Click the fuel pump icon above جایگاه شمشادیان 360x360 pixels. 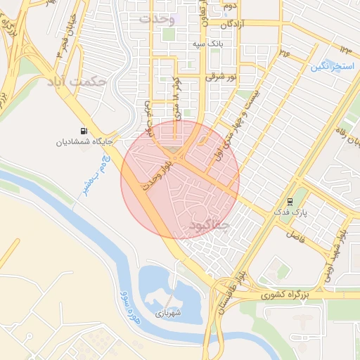tap(85, 131)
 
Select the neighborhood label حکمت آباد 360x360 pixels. tap(77, 82)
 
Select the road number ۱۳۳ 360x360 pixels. tap(345, 49)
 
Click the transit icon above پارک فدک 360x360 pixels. tap(290, 200)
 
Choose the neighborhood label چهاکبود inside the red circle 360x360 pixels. tap(210, 225)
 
